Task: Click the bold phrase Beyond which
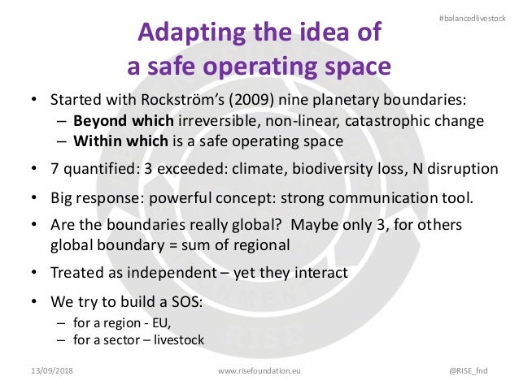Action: click(x=123, y=121)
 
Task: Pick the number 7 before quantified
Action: click(x=55, y=169)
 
